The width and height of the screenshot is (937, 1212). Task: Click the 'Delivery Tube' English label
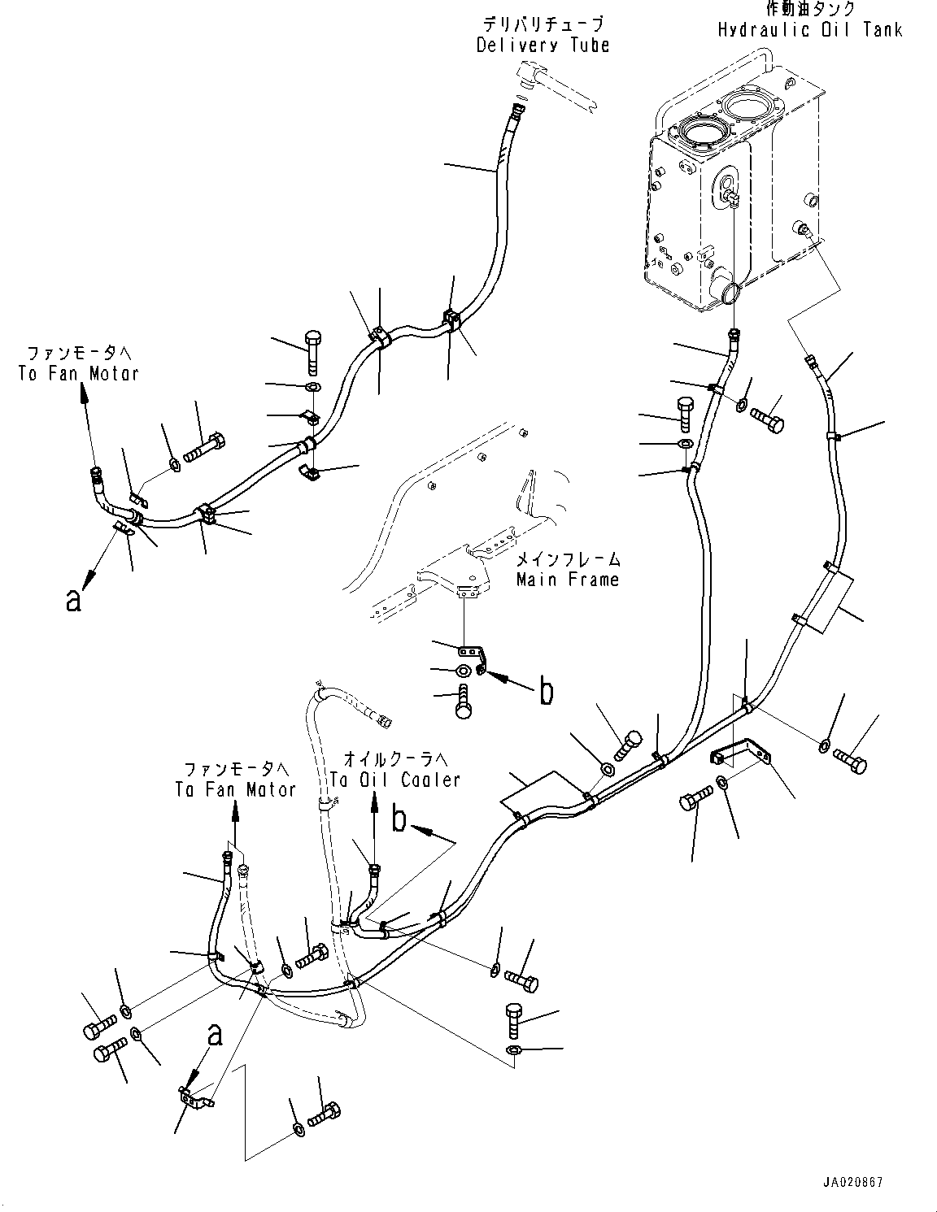click(x=543, y=45)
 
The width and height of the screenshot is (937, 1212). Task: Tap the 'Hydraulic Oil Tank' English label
click(x=809, y=30)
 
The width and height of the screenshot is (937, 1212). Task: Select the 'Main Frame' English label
click(x=568, y=580)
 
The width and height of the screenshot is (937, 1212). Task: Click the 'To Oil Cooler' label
click(x=395, y=780)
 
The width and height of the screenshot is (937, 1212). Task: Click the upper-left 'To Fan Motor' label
click(x=79, y=373)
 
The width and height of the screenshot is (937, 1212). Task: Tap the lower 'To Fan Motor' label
click(x=236, y=788)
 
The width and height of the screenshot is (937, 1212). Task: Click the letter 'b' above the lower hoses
click(x=399, y=819)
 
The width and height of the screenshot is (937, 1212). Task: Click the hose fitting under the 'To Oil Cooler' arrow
click(x=374, y=872)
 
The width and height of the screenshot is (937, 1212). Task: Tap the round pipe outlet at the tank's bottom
click(x=725, y=290)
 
